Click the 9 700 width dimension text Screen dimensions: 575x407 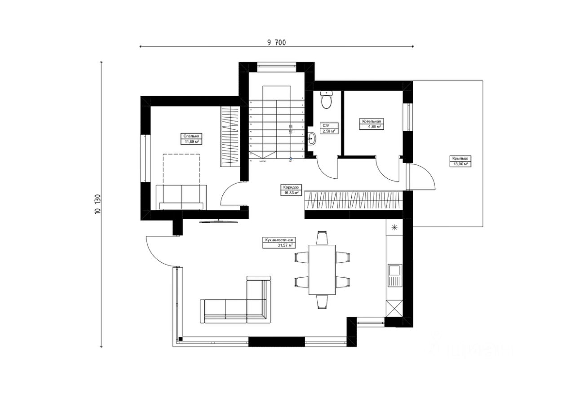tap(276, 43)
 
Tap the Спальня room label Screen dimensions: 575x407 tap(190, 136)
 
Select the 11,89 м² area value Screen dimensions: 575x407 tap(190, 142)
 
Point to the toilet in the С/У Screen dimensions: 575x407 tap(327, 100)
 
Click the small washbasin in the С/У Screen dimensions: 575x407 tap(313, 139)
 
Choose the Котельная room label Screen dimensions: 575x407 tap(372, 121)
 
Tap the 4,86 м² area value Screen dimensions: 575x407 tap(372, 127)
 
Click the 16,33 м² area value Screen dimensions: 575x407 tap(291, 193)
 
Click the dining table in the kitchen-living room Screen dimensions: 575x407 tap(322, 270)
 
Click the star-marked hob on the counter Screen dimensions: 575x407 tap(394, 227)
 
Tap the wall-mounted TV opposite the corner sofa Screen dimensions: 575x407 tap(218, 221)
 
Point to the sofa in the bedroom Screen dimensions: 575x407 tap(181, 198)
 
